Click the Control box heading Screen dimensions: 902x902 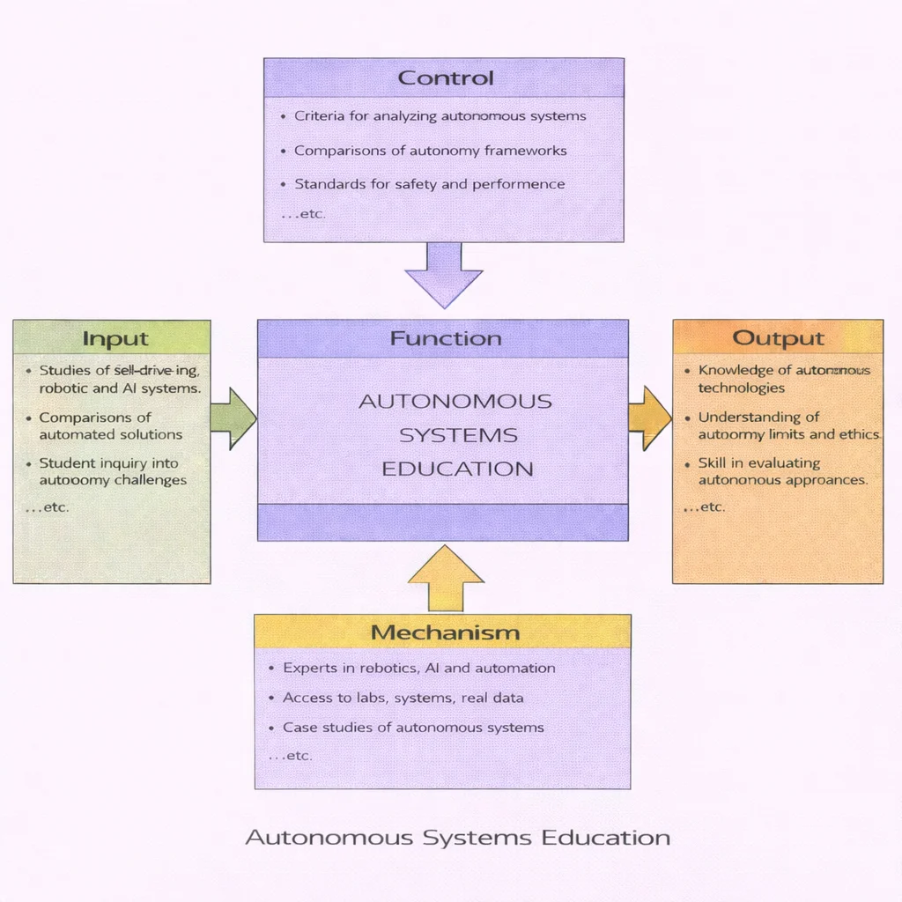[445, 78]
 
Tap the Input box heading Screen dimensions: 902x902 [115, 338]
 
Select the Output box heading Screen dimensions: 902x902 [778, 338]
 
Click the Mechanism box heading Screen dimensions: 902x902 [444, 632]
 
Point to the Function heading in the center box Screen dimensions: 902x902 [445, 338]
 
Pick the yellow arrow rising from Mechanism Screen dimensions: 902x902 [446, 580]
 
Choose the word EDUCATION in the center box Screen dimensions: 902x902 [457, 469]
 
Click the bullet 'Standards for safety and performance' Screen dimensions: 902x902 [429, 184]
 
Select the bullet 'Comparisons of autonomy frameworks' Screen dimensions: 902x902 [430, 151]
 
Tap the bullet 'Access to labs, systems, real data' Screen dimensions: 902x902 [403, 698]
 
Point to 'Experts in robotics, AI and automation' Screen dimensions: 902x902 [418, 668]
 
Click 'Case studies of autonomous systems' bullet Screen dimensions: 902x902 [412, 728]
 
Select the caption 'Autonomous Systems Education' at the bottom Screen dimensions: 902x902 [457, 837]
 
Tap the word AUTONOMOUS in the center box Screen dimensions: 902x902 [455, 402]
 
